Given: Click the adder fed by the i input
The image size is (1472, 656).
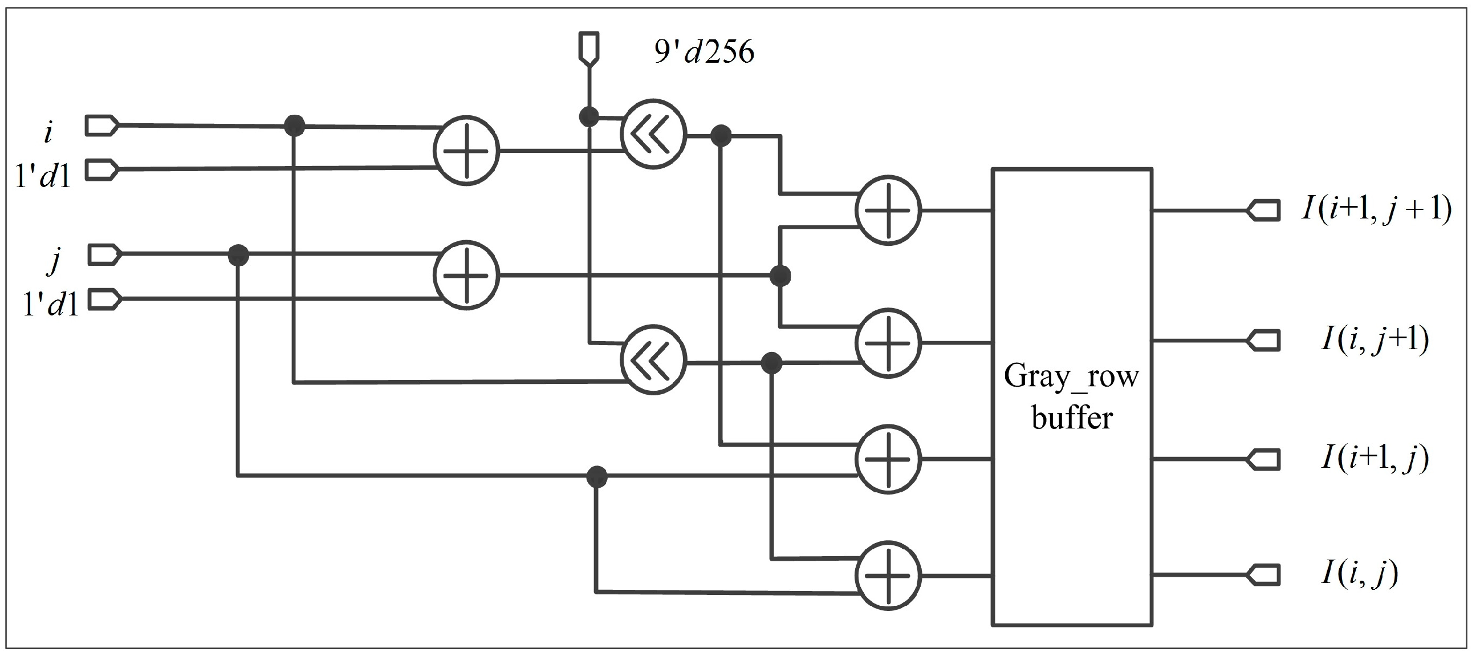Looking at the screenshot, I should coord(466,151).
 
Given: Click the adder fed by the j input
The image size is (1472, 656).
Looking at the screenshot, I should coord(466,275).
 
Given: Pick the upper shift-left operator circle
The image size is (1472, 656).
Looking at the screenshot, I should coord(653,135).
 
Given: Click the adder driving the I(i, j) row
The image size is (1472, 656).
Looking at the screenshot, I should coord(888,575).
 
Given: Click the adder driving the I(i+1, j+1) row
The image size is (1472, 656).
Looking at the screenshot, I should coord(888,210).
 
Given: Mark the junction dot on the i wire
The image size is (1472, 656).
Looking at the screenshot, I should coord(294,125).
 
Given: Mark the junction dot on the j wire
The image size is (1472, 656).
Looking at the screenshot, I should coord(238,254).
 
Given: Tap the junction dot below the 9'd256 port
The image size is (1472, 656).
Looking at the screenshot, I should coord(589,117).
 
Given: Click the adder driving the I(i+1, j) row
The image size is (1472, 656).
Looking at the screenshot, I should coord(888,459).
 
